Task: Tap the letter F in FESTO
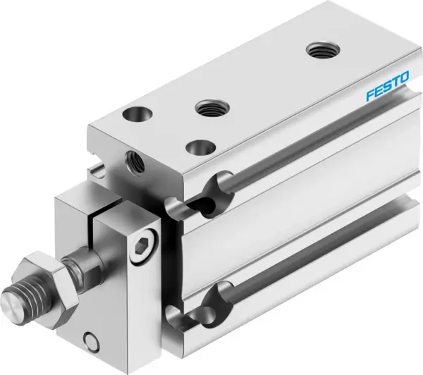point(368,97)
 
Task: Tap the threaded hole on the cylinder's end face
point(132,159)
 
